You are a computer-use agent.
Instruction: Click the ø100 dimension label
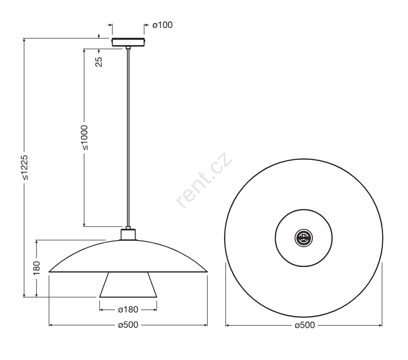(x=162, y=25)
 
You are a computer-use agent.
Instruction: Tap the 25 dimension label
(x=99, y=62)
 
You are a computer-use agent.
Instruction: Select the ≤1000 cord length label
(x=84, y=138)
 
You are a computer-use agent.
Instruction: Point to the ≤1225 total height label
(x=25, y=168)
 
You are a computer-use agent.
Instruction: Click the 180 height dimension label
(x=37, y=268)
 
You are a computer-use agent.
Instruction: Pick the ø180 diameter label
(x=128, y=310)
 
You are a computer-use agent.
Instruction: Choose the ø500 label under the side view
(x=128, y=325)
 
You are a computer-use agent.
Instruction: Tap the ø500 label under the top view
(x=305, y=325)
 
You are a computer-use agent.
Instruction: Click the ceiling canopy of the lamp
(x=128, y=42)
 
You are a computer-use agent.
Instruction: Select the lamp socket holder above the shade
(x=128, y=234)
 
